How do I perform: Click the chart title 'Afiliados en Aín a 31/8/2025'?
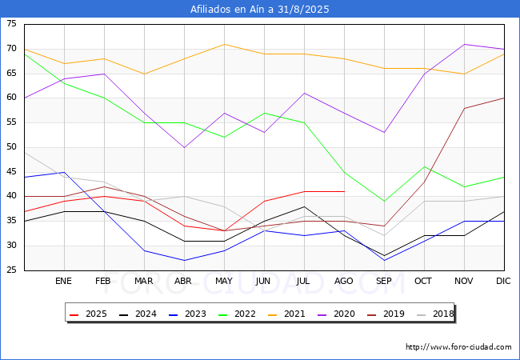click(x=260, y=10)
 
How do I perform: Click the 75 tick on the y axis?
click(x=12, y=24)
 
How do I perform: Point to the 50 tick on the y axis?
click(x=12, y=147)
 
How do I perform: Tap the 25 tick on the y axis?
click(x=12, y=270)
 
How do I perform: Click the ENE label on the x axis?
click(x=63, y=281)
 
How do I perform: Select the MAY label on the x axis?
click(x=224, y=281)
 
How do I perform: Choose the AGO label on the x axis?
click(x=344, y=281)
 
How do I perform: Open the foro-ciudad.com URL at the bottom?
click(x=458, y=347)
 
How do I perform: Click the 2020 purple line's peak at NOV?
click(x=464, y=44)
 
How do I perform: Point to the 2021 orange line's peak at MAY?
click(x=224, y=44)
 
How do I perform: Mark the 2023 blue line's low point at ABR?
click(x=184, y=260)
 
